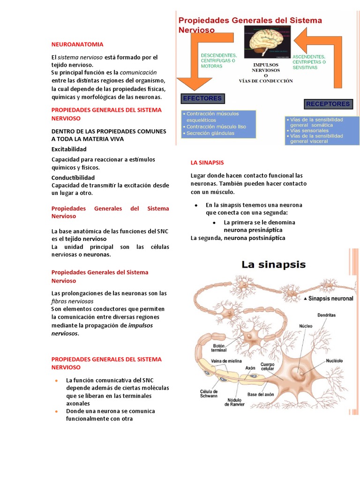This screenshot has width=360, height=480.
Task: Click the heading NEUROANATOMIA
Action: [77, 44]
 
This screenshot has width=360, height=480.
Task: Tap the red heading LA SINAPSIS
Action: [207, 163]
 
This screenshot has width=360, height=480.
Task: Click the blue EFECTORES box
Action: [202, 98]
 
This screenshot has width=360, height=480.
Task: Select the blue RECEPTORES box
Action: [328, 104]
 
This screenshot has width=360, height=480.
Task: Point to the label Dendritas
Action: [326, 315]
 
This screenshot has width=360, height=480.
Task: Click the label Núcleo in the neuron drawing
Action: [307, 325]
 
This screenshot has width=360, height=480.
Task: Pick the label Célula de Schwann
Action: [209, 394]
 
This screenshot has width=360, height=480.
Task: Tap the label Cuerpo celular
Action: [268, 367]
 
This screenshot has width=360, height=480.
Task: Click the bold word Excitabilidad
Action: [69, 149]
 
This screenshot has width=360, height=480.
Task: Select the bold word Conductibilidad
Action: [73, 178]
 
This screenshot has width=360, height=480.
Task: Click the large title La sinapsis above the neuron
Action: [273, 265]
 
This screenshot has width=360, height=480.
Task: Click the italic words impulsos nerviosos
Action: [102, 329]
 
